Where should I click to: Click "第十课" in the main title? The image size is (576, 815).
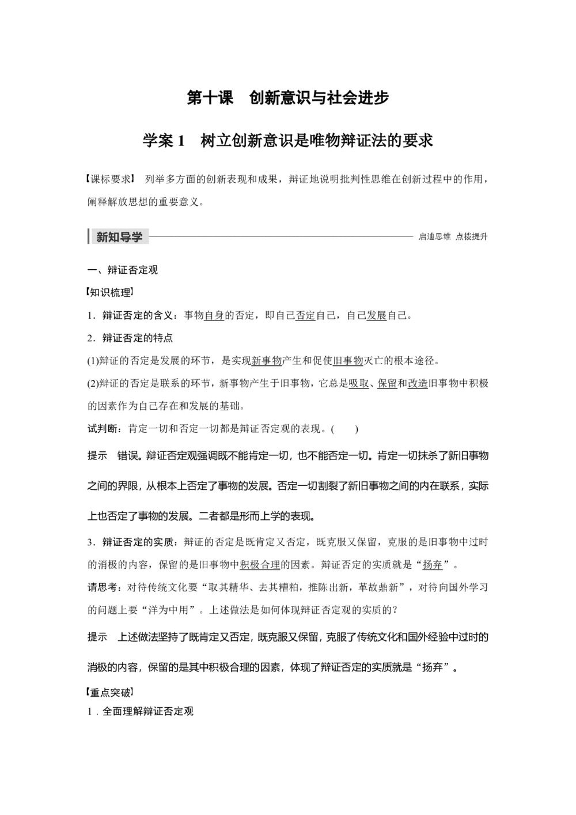point(210,98)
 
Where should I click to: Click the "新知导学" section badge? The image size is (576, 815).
point(119,236)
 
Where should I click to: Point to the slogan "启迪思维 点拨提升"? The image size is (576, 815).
point(453,236)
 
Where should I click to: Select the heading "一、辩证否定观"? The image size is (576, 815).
point(122,270)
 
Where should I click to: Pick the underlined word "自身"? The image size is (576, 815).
point(214,315)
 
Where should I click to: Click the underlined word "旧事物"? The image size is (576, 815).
point(348,361)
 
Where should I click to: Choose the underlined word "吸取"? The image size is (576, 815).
point(358,383)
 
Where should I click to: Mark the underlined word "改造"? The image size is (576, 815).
point(418,383)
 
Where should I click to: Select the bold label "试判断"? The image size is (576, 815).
point(104,429)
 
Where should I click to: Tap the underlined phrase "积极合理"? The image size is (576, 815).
point(260,564)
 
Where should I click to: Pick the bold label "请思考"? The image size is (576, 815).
point(104,587)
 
